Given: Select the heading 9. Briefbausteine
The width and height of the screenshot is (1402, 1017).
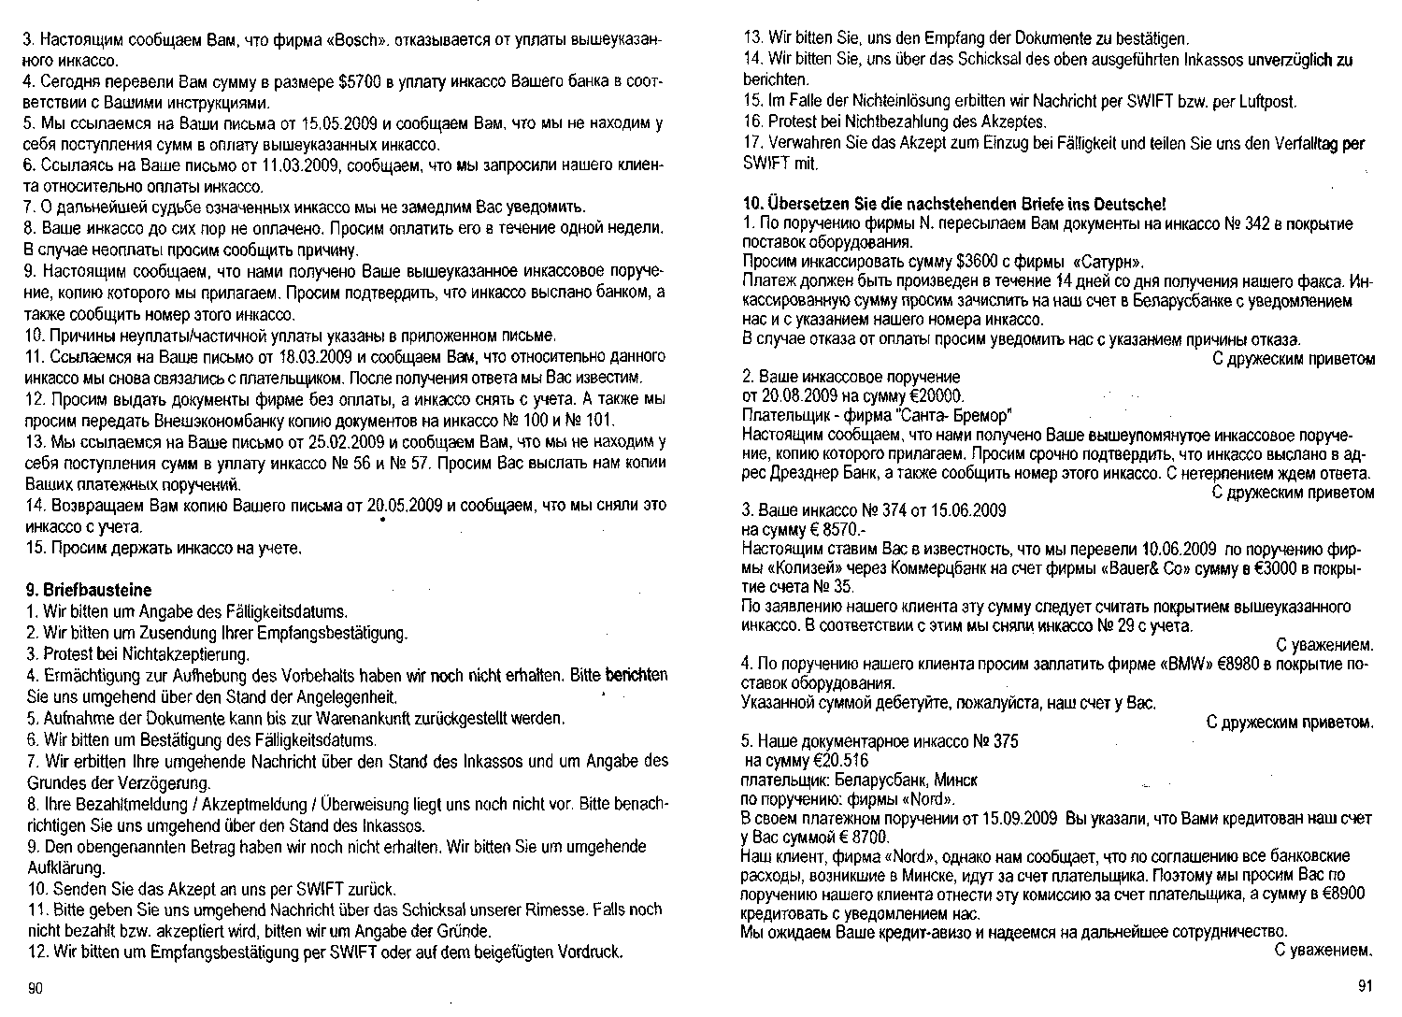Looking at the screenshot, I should point(89,590).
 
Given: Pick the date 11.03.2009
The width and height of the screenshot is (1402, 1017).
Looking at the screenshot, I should point(306,165).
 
